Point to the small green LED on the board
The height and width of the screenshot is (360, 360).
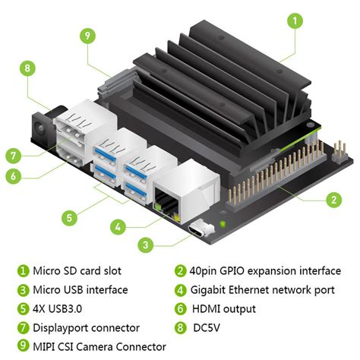(222, 224)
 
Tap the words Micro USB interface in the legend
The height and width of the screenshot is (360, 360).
(80, 290)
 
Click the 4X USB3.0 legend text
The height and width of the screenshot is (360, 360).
(63, 309)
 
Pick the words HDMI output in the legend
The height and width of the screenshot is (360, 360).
(226, 309)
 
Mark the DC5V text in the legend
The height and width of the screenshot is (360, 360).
(210, 328)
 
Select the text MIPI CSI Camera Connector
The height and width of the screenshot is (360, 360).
(99, 347)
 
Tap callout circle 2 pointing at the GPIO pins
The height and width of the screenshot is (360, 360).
(332, 200)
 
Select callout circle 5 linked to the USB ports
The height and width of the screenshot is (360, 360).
(69, 218)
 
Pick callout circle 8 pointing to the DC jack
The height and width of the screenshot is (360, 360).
(27, 68)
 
